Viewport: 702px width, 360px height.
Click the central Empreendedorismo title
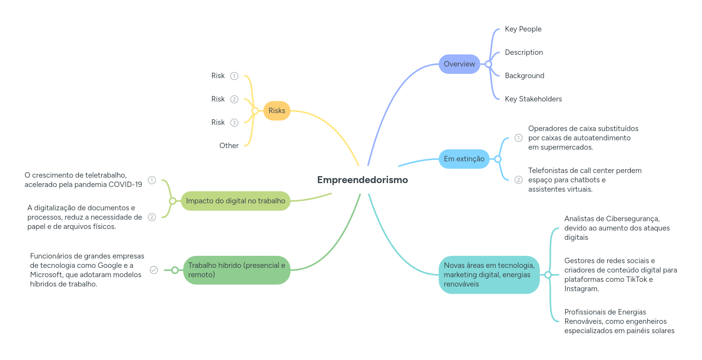point(362,180)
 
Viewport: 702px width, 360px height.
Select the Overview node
point(459,64)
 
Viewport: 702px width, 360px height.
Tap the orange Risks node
point(277,111)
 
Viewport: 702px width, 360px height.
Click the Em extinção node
point(464,159)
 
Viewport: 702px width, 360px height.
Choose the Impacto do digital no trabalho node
point(235,201)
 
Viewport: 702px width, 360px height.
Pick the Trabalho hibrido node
point(236,270)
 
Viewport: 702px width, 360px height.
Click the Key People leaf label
point(523,29)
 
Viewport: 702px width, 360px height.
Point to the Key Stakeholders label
point(533,99)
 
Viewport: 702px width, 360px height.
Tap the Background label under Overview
point(524,76)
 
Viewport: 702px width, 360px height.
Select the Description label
point(523,52)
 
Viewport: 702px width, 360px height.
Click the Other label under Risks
point(229,146)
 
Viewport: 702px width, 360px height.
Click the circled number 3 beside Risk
point(234,123)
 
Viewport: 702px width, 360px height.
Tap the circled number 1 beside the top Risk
point(234,76)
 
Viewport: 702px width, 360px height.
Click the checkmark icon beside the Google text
point(154,270)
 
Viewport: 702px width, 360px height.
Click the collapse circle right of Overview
point(488,64)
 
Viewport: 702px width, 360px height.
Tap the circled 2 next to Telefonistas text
point(518,180)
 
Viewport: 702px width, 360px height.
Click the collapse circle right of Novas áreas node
point(548,275)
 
